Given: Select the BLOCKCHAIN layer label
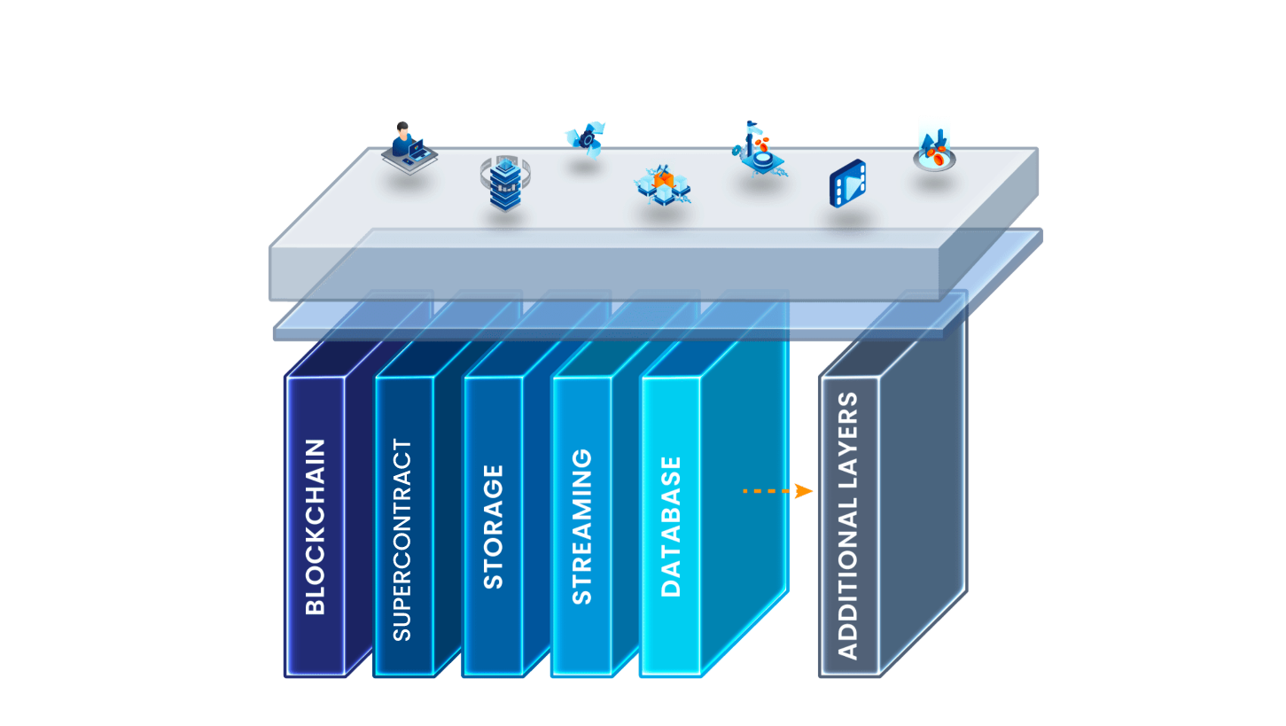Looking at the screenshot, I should point(316,527).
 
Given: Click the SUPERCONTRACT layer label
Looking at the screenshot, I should point(402,541).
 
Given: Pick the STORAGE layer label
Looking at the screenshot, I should point(493,527).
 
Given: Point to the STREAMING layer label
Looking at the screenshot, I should point(581,527).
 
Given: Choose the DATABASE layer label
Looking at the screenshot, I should point(671,527).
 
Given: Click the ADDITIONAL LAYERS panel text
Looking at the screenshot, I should point(848,527).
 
